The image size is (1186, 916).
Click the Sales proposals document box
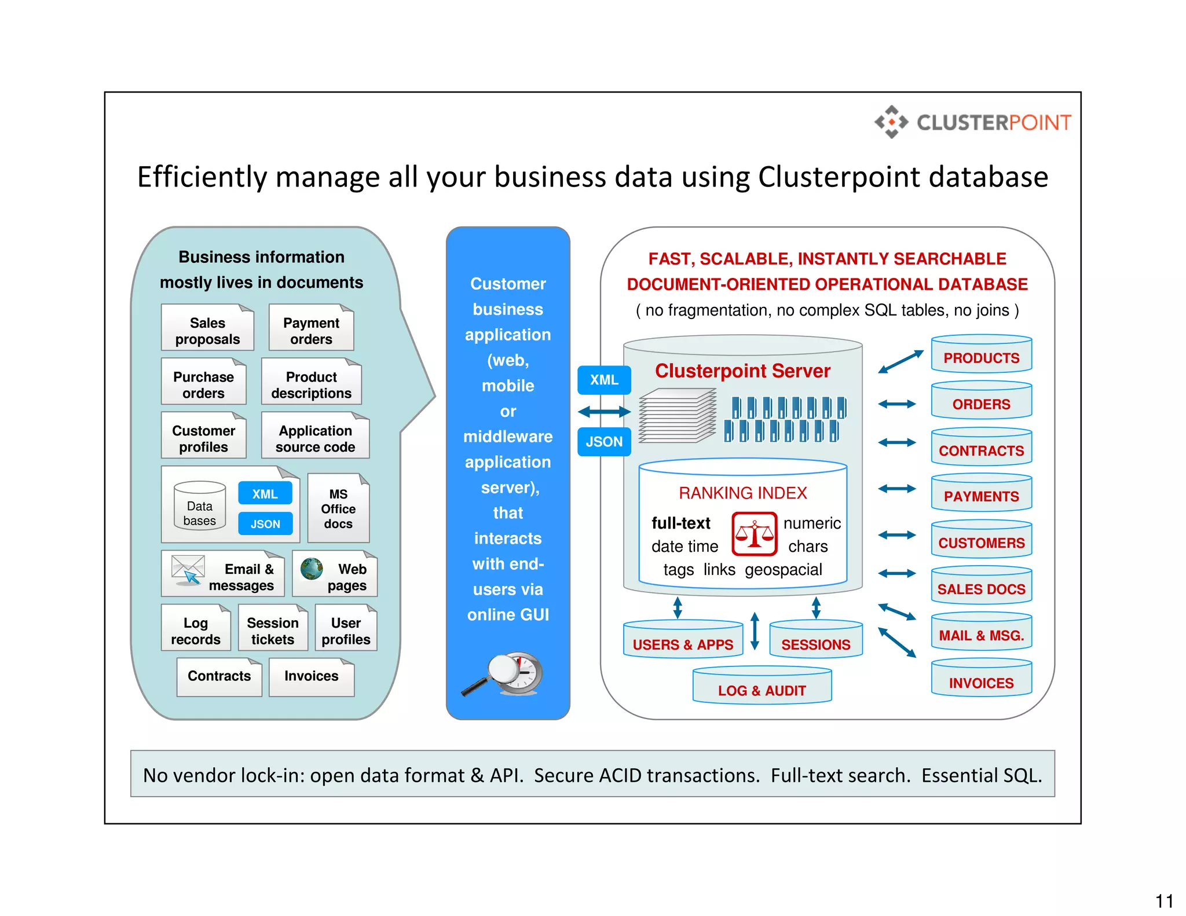(207, 328)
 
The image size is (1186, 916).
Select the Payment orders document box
(311, 328)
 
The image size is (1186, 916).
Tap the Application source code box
(315, 436)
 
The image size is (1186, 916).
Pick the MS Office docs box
(338, 508)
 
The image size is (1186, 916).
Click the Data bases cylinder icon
(200, 506)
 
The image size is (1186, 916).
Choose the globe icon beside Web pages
(312, 569)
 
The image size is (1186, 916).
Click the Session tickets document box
(273, 629)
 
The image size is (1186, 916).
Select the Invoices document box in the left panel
(311, 676)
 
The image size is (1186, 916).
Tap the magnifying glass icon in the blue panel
(504, 674)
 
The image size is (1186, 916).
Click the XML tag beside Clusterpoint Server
(604, 380)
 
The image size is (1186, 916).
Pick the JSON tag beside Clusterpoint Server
(604, 442)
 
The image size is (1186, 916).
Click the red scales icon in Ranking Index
(754, 534)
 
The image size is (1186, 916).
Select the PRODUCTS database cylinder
(981, 354)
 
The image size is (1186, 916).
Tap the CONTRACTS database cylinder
(981, 447)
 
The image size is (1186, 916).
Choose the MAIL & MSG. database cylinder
(981, 632)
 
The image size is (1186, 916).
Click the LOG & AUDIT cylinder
(762, 687)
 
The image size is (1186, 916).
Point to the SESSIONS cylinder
(815, 640)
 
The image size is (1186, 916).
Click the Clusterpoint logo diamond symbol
(891, 122)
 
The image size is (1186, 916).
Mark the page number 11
(1164, 901)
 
